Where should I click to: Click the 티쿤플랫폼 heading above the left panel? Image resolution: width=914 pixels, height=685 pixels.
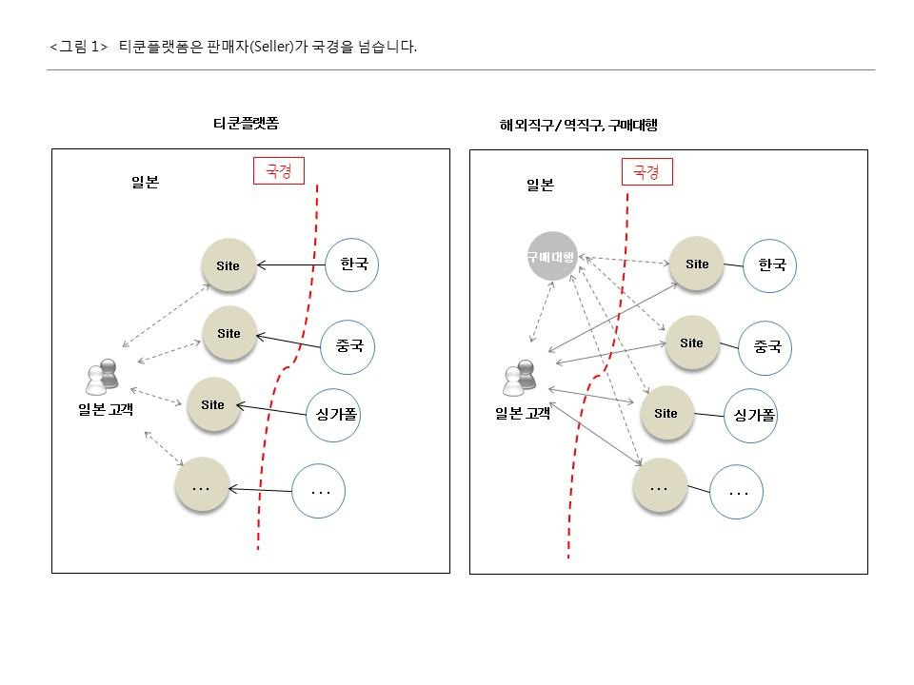246,124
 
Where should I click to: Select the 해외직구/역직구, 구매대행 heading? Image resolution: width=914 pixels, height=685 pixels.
578,125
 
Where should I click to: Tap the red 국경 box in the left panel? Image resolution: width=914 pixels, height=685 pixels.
278,171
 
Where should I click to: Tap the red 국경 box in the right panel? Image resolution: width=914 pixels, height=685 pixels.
646,172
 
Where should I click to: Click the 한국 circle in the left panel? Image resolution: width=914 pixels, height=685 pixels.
352,264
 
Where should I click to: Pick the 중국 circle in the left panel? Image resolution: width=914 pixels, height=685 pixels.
348,346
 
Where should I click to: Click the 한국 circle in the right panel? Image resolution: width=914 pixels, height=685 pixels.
770,265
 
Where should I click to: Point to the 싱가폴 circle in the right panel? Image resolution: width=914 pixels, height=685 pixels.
751,416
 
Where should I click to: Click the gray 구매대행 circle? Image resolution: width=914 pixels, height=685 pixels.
552,256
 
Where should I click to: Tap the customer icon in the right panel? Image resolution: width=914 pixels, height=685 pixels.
520,378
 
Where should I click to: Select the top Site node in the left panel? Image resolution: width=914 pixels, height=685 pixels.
228,265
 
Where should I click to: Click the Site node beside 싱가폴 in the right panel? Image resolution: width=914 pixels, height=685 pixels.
666,413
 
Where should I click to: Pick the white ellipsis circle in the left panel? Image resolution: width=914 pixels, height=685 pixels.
319,492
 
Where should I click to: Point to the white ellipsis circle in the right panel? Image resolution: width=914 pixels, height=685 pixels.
737,492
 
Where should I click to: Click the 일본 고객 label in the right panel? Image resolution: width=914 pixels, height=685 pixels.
523,413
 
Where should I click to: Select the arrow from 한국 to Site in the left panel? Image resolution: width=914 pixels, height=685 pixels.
291,265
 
